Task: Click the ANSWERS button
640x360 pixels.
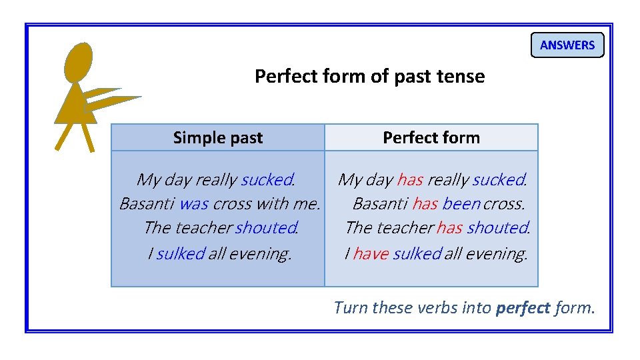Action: [x=567, y=45]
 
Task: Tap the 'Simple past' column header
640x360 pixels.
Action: [x=218, y=138]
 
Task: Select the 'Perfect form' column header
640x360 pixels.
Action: [x=431, y=138]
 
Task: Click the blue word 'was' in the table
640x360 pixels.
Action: [x=194, y=203]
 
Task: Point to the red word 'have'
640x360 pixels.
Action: [x=370, y=253]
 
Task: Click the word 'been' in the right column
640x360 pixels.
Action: [x=461, y=203]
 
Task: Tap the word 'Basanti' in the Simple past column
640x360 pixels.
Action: [x=147, y=203]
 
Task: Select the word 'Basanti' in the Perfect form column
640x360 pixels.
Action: [x=380, y=203]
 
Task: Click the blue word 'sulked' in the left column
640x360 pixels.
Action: [x=180, y=253]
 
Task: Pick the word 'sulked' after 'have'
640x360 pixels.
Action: [x=417, y=253]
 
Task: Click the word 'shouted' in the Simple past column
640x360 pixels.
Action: [x=265, y=228]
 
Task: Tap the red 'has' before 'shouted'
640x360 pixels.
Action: [x=449, y=228]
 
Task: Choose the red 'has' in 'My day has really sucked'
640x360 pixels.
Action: [x=410, y=180]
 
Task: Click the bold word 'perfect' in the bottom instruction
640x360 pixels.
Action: [x=523, y=308]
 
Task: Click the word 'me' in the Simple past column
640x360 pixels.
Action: [x=306, y=203]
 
